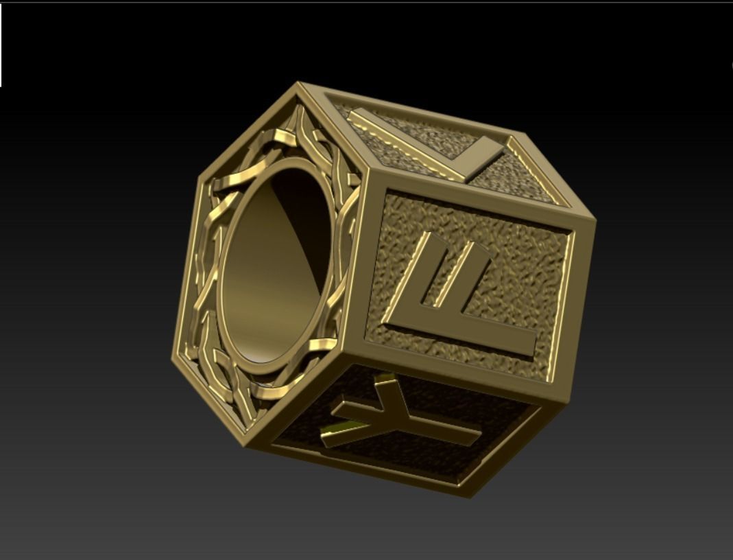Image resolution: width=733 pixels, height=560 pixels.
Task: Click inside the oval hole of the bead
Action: click(x=274, y=268)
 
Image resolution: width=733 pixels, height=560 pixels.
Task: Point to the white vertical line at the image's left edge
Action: click(x=1, y=45)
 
